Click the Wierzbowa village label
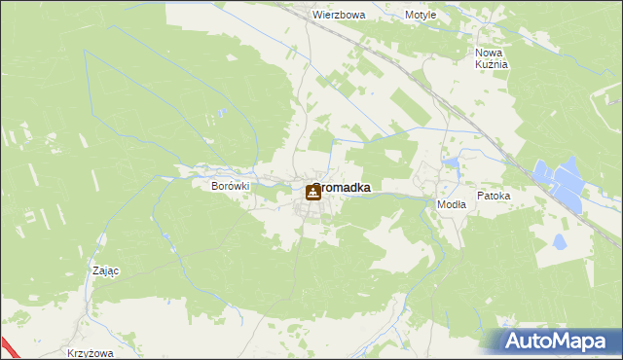[x=339, y=16]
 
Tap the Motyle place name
[x=421, y=16]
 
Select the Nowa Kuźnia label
[x=492, y=57]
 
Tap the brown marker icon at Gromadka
[x=312, y=194]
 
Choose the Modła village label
[x=452, y=205]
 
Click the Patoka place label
[x=494, y=196]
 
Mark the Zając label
[x=104, y=271]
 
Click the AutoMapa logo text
[x=559, y=342]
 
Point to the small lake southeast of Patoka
[x=559, y=241]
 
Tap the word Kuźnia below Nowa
[x=493, y=64]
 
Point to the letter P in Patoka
[x=480, y=196]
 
